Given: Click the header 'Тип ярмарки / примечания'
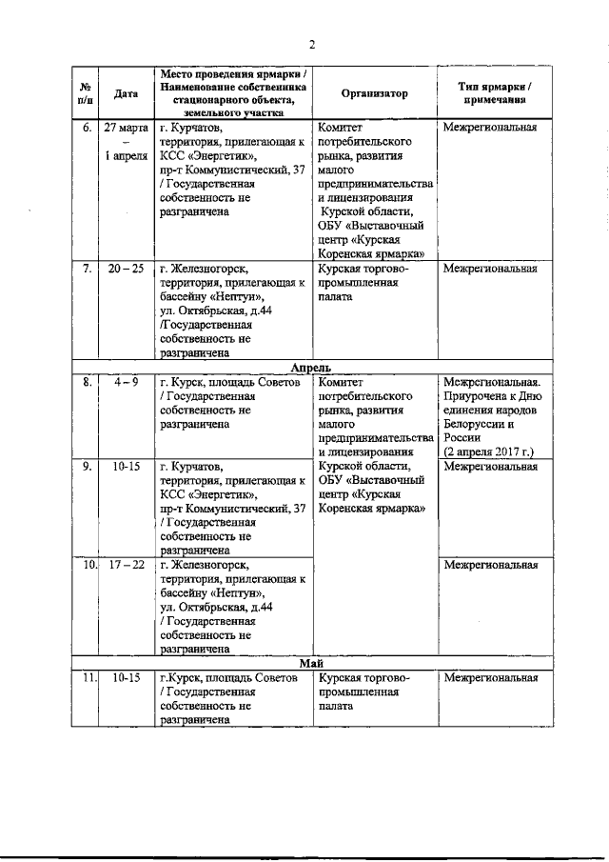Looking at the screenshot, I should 495,93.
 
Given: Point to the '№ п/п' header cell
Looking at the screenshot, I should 86,93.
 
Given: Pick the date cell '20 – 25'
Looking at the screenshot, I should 126,268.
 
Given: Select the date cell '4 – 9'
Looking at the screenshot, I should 126,382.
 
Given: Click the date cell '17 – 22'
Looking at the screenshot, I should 126,565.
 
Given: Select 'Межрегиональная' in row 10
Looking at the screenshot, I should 490,565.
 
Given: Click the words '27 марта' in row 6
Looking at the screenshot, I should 126,128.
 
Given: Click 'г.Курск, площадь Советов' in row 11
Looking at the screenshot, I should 228,678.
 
